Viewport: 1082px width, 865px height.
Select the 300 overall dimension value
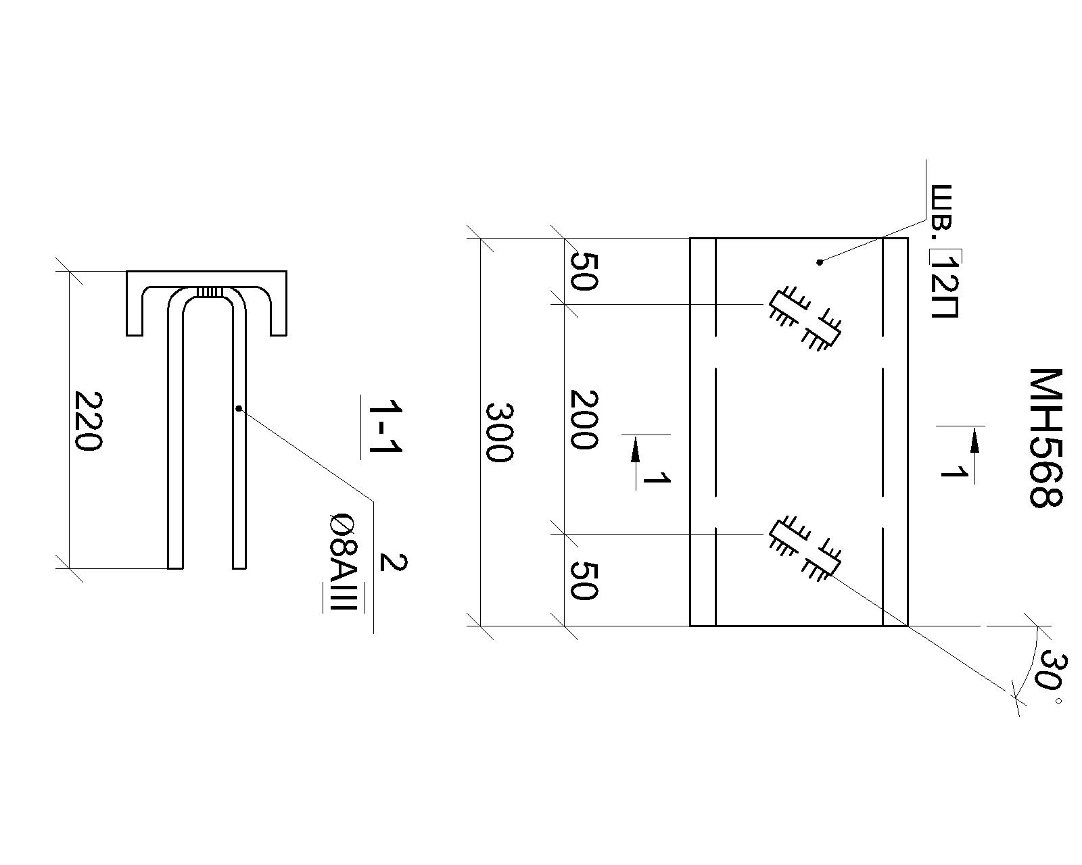(499, 432)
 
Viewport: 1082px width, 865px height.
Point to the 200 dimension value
(584, 419)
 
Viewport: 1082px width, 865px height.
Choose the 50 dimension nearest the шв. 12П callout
(584, 272)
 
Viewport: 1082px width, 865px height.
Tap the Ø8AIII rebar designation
(344, 562)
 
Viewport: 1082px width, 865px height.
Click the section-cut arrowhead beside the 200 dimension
(635, 449)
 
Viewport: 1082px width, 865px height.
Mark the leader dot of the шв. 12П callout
(820, 262)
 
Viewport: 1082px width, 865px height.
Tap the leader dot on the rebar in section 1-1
(238, 408)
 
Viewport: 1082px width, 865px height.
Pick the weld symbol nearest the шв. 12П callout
(805, 321)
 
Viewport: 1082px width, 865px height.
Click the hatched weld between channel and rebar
(209, 292)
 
